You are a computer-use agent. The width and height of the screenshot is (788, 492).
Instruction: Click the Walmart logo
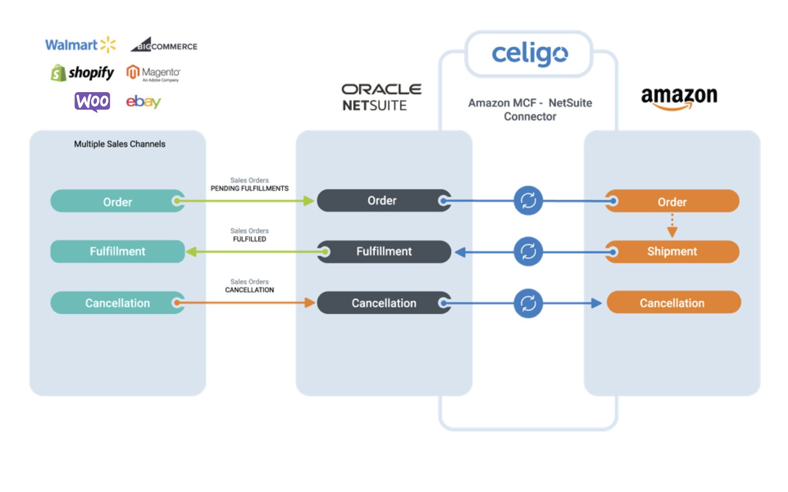(80, 45)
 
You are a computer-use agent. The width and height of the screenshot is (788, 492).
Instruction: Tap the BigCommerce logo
(164, 45)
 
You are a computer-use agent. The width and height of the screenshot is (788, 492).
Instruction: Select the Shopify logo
(82, 73)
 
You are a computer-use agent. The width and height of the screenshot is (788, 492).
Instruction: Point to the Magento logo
(153, 73)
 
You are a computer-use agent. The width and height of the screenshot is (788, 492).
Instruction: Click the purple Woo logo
(92, 102)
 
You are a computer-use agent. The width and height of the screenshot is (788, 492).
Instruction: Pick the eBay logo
(143, 102)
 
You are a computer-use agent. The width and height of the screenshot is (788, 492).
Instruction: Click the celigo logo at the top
(529, 54)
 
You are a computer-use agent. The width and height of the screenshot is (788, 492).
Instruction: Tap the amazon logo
(679, 97)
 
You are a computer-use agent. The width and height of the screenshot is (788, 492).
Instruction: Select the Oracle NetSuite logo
(381, 97)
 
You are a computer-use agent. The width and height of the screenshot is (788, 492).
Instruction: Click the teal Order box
(117, 202)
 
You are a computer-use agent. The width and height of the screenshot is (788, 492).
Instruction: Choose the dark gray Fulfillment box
(384, 251)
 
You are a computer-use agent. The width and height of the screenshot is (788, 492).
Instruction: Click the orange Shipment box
(672, 251)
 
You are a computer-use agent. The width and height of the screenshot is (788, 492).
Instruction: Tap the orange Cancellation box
(673, 303)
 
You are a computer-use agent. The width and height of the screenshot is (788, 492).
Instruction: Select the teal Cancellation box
(117, 303)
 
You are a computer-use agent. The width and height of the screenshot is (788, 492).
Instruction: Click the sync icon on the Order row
(528, 201)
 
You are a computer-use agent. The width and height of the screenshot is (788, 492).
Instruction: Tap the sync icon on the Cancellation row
(528, 303)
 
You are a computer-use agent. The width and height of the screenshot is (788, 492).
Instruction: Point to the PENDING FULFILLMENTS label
(249, 188)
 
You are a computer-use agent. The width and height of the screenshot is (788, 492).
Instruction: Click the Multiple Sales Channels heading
(120, 144)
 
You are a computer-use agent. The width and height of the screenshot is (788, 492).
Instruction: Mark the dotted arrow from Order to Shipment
(672, 226)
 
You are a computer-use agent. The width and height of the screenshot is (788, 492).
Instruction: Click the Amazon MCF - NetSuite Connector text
(530, 109)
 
